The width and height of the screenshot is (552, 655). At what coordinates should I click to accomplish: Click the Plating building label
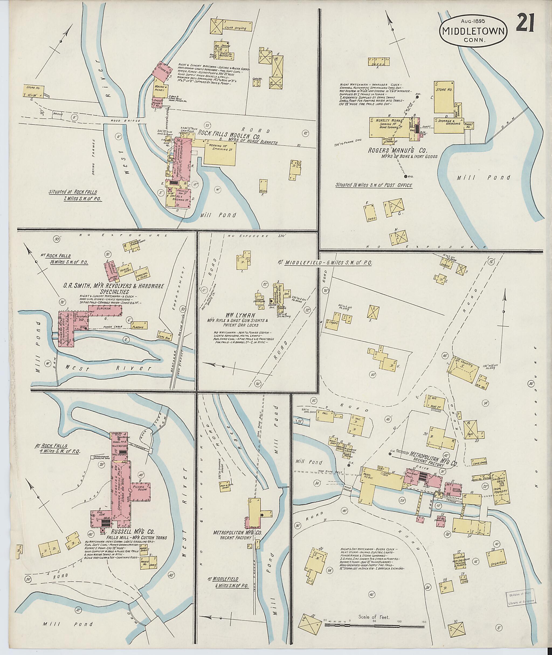tap(138, 327)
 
